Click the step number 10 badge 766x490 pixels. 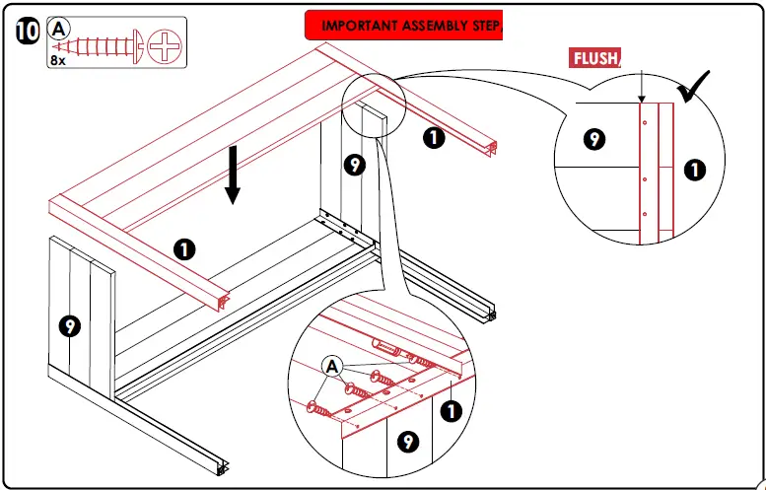coord(28,32)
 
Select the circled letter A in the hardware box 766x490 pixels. coord(58,30)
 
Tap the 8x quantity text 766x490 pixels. coord(57,61)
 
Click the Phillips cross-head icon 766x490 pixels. coord(164,47)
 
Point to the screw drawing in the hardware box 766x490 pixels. coord(98,47)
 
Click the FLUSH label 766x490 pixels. coord(594,58)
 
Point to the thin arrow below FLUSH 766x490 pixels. coord(642,87)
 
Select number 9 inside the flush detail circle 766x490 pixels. coord(594,139)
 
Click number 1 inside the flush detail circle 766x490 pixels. coord(695,170)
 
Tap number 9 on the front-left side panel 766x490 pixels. coord(70,326)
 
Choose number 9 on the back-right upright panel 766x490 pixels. coord(355,165)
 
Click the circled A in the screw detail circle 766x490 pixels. coord(332,367)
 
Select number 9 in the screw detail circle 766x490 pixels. coord(408,442)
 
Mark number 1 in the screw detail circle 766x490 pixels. coord(452,411)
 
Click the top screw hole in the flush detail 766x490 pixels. coord(645,122)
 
